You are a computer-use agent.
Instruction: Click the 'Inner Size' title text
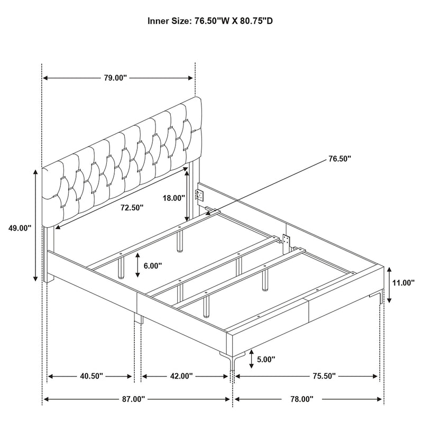tap(212, 22)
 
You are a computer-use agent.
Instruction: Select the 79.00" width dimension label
tap(115, 78)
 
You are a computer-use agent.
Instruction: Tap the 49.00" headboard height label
tap(20, 228)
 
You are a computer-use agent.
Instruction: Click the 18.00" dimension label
tap(174, 198)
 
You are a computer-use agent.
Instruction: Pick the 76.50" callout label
tap(339, 158)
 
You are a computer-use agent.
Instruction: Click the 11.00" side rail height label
tap(403, 283)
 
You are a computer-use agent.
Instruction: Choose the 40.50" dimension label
tap(91, 376)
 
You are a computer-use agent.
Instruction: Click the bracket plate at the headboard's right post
tap(199, 194)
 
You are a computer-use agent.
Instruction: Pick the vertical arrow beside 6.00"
tap(137, 265)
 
